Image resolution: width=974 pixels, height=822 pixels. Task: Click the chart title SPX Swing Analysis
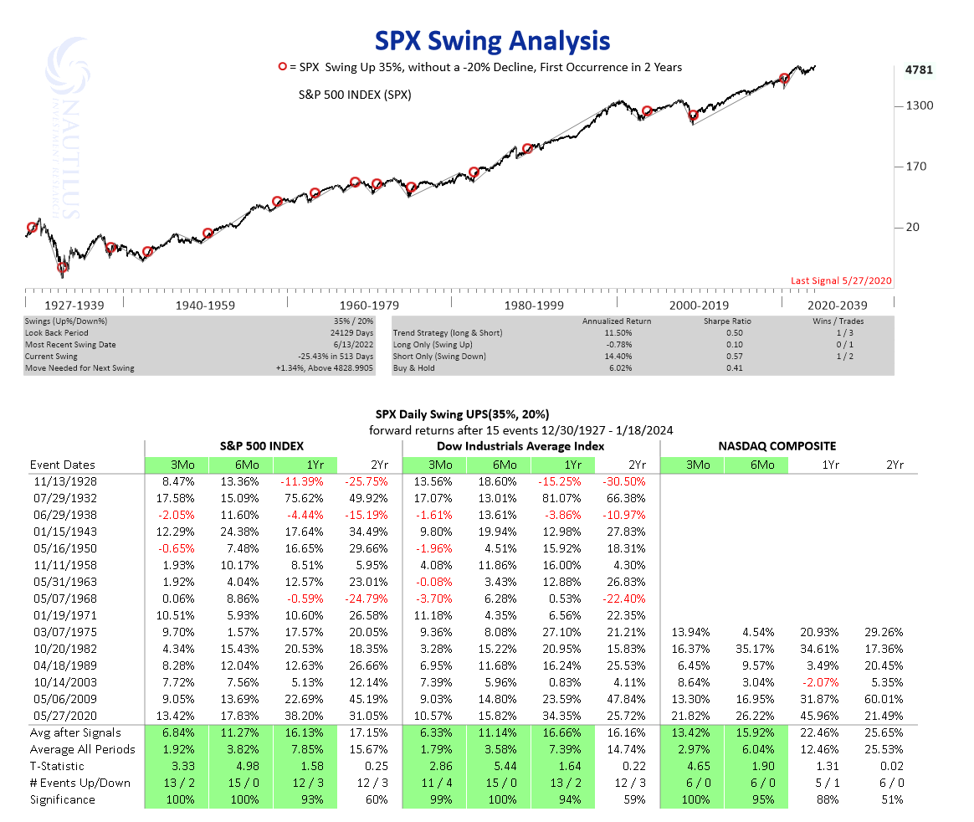491,40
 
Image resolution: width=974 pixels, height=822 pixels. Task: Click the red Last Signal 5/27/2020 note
842,282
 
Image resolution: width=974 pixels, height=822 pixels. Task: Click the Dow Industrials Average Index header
531,446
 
